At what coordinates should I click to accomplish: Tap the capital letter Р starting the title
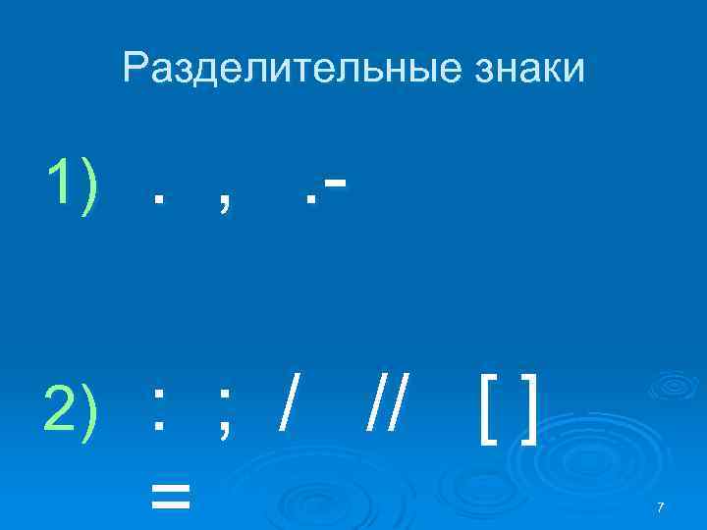click(x=136, y=68)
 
